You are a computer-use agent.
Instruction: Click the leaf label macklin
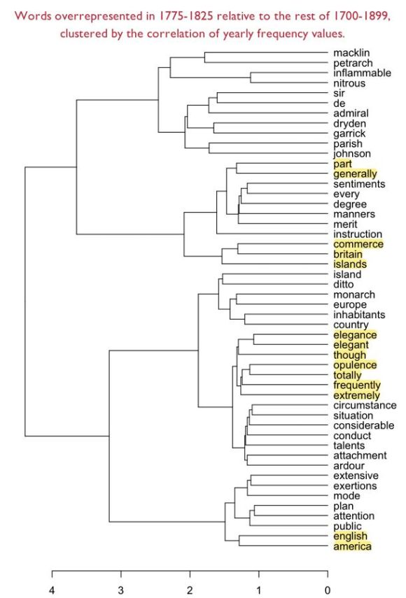point(351,53)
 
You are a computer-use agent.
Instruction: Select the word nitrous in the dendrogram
point(350,83)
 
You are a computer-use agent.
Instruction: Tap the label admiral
point(351,113)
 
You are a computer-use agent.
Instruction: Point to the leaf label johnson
point(352,154)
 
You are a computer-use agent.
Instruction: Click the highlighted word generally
point(355,173)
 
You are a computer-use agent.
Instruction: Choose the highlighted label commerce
point(358,244)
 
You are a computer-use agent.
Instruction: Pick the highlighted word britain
point(348,255)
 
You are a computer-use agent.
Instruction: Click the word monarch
point(354,294)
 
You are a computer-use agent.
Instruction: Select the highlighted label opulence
point(355,365)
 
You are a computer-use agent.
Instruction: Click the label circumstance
point(365,406)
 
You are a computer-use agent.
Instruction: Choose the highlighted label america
point(352,546)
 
